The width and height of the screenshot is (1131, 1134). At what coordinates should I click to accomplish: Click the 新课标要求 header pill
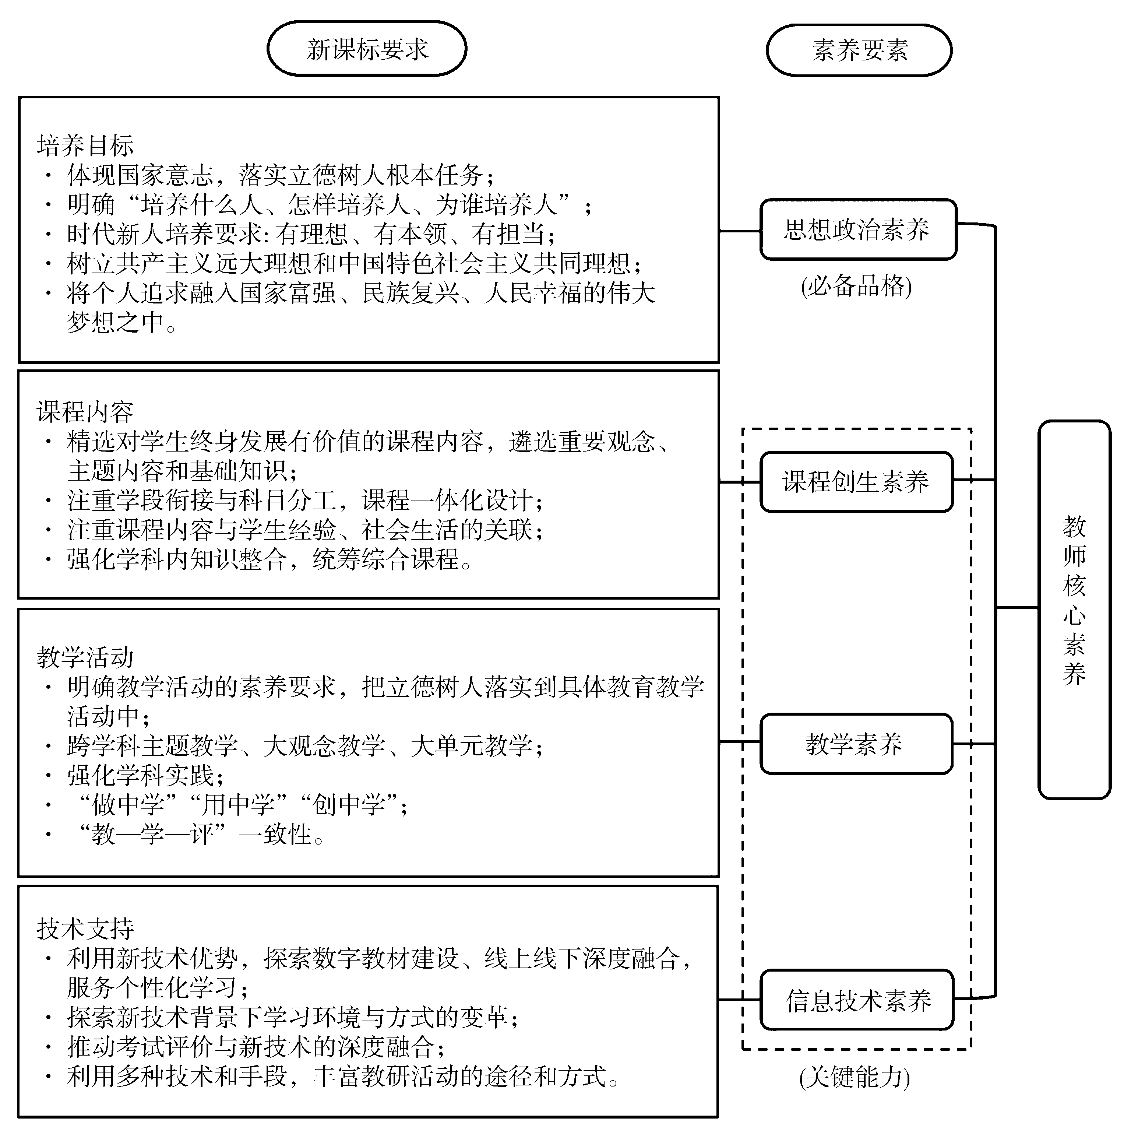tap(367, 49)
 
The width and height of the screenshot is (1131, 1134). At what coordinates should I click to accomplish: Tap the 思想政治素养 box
tap(858, 229)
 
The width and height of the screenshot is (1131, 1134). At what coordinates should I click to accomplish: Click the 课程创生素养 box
tap(856, 482)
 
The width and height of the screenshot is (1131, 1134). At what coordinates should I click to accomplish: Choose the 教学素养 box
tap(856, 744)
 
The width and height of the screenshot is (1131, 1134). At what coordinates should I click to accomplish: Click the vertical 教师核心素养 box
tap(1074, 609)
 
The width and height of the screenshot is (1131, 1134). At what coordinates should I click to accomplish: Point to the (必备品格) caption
tap(856, 287)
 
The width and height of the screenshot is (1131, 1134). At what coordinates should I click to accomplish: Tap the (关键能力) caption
tap(855, 1078)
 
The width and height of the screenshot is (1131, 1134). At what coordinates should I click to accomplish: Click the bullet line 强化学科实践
tap(145, 775)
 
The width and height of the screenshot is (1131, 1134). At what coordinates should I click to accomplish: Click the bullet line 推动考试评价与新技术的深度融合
tap(256, 1046)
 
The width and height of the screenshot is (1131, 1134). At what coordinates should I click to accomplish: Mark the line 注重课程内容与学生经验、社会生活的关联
tap(305, 530)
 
